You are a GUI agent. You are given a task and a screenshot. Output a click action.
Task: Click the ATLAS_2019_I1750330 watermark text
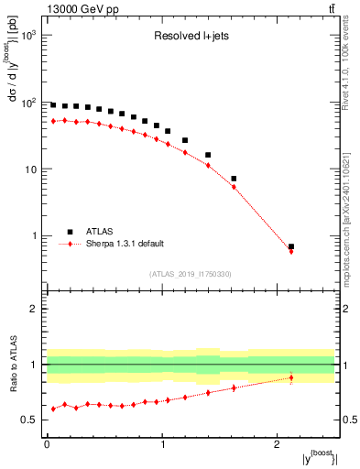tap(191, 274)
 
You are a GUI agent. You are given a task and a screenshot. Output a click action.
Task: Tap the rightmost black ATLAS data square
tap(291, 246)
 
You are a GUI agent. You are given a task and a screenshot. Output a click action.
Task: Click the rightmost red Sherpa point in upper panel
tap(291, 250)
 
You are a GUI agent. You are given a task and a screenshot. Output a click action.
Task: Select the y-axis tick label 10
tap(29, 169)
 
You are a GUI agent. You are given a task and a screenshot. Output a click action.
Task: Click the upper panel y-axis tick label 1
tap(34, 236)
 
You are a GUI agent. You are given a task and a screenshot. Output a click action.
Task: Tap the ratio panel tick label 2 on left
tap(34, 309)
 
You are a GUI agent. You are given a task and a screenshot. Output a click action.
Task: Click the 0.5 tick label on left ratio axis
tap(29, 420)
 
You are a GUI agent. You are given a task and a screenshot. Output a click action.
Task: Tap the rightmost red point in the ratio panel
tap(291, 377)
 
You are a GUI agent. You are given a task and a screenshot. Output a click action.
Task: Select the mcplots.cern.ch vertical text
tap(352, 211)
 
